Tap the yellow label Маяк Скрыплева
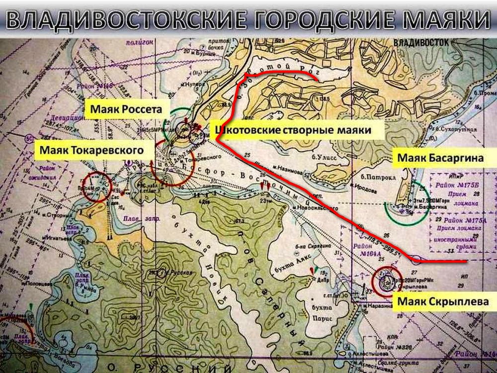[444, 301]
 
